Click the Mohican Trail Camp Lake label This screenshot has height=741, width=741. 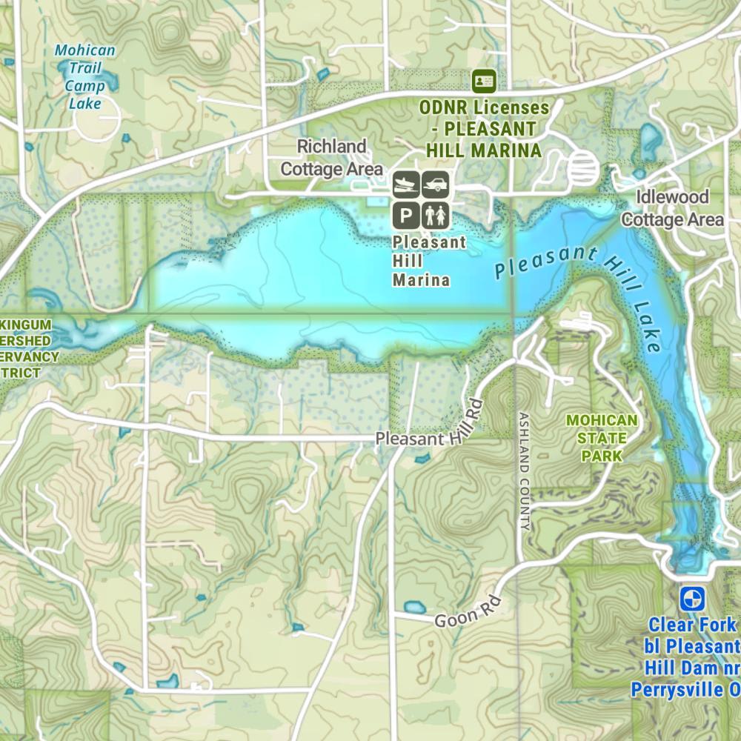pyautogui.click(x=85, y=76)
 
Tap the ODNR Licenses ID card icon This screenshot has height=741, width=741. pyautogui.click(x=484, y=79)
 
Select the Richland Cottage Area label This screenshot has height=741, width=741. pyautogui.click(x=331, y=157)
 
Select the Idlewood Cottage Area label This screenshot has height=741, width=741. pyautogui.click(x=672, y=208)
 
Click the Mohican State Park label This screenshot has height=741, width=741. pyautogui.click(x=601, y=437)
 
